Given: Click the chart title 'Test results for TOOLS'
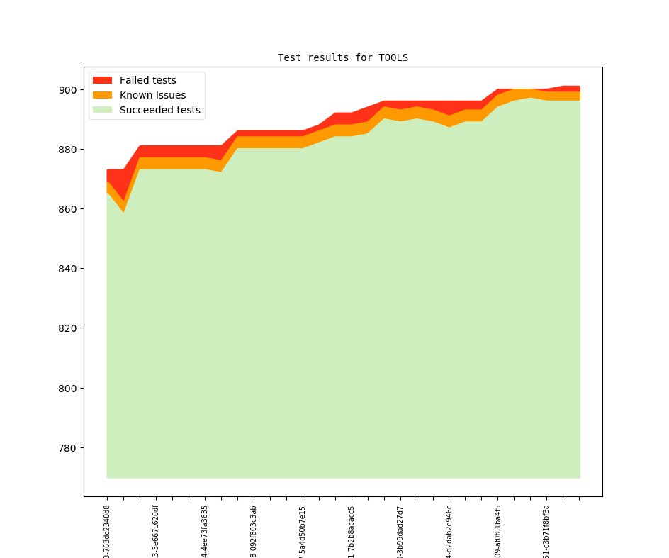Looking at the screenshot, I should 342,57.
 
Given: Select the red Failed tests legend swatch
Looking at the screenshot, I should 103,80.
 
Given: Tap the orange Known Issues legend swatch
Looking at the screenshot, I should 103,95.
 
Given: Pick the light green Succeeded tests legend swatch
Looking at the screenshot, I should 103,110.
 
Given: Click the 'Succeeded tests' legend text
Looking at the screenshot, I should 159,110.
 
